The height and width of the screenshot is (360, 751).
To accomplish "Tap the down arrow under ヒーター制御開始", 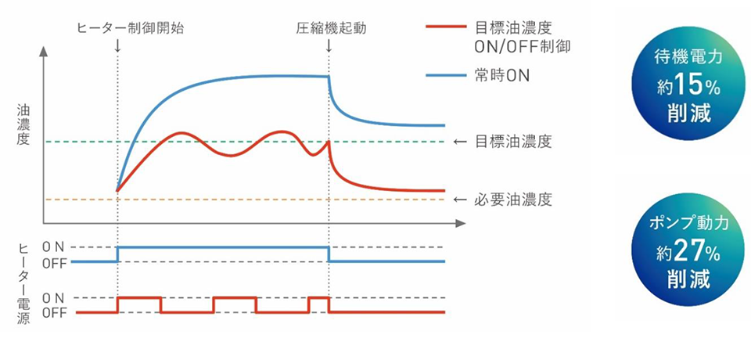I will coord(117,45).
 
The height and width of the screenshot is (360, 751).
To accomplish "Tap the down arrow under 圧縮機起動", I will coord(329,45).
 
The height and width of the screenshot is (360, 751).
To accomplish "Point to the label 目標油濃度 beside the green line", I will coord(513,142).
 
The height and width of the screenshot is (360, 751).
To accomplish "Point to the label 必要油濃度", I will coord(513,200).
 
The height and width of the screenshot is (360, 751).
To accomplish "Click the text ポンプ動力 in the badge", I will coord(683,224).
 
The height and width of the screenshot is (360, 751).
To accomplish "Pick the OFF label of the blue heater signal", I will coord(55,262).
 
